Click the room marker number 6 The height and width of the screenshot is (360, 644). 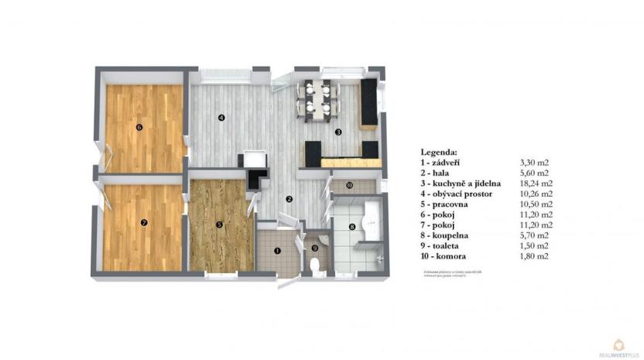[x=139, y=127]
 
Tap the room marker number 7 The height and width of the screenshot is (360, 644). [x=144, y=222]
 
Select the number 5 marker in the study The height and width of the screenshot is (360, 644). [x=220, y=225]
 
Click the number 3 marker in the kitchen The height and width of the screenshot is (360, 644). [x=337, y=132]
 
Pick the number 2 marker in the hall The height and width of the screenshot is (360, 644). [x=288, y=199]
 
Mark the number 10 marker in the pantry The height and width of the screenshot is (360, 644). [x=349, y=186]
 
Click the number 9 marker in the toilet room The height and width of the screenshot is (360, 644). [x=314, y=248]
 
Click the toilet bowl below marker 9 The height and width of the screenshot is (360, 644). [x=314, y=266]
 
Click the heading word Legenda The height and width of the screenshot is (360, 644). [x=439, y=152]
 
